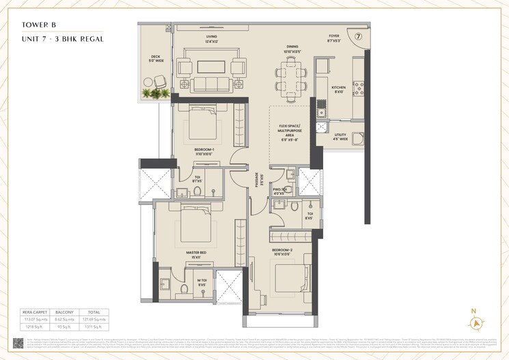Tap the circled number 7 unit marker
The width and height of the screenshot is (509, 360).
pyautogui.click(x=358, y=36)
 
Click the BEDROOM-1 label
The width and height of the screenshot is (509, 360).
pyautogui.click(x=204, y=149)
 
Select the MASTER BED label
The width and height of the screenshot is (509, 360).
pyautogui.click(x=196, y=252)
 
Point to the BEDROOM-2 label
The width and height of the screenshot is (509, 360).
pyautogui.click(x=281, y=251)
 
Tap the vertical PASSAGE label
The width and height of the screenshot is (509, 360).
pyautogui.click(x=258, y=179)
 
